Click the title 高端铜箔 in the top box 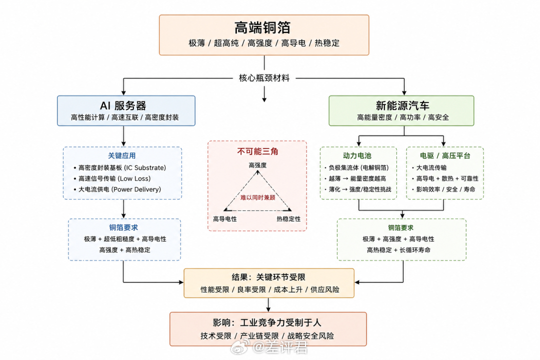tap(262, 28)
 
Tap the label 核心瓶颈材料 tap(264, 78)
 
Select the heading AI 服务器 tap(123, 105)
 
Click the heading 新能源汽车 tap(402, 105)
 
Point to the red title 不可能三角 tap(257, 151)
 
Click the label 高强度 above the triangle tap(257, 165)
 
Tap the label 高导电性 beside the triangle tap(225, 219)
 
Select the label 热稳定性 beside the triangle tap(288, 219)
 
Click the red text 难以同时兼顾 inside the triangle tap(257, 197)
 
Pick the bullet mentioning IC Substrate tap(120, 168)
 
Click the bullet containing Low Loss tap(112, 178)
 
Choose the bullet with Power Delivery tap(117, 189)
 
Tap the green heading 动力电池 tap(357, 155)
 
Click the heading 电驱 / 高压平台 tap(445, 155)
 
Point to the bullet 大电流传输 tap(429, 168)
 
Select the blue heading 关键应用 tap(122, 155)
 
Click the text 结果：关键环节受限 tap(268, 277)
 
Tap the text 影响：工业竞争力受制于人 tap(267, 323)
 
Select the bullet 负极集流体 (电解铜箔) tap(357, 168)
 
